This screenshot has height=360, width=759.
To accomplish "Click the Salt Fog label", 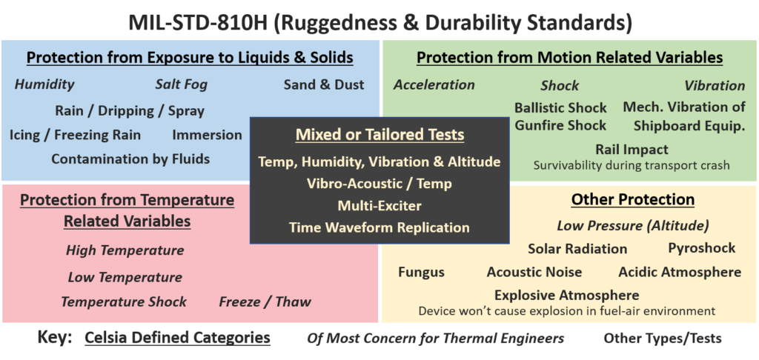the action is (181, 84).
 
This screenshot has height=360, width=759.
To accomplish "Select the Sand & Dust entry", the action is (324, 84).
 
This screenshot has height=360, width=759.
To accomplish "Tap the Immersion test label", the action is (208, 135).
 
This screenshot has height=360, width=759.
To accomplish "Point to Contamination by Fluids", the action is (130, 159).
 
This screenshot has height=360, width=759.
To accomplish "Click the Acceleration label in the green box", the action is (434, 84).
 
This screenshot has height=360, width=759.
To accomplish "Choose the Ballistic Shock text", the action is (560, 107).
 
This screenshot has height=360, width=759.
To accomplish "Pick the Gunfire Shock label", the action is (560, 125).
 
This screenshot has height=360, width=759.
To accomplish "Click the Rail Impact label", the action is (632, 149).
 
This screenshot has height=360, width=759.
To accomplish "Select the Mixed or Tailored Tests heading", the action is (380, 135).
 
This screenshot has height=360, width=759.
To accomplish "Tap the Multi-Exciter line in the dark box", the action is (379, 206).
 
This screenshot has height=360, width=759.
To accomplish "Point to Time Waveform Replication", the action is (379, 227).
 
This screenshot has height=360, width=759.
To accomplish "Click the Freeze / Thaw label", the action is (265, 302).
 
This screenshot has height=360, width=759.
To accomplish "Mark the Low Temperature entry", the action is (125, 277).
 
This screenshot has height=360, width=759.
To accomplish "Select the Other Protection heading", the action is (633, 199).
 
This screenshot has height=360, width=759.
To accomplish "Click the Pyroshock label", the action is (702, 249).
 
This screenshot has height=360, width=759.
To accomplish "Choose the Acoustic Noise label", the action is (534, 273).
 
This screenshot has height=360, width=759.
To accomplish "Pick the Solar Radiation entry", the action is (577, 249).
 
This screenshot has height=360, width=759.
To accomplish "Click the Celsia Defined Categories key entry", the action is (177, 338).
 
